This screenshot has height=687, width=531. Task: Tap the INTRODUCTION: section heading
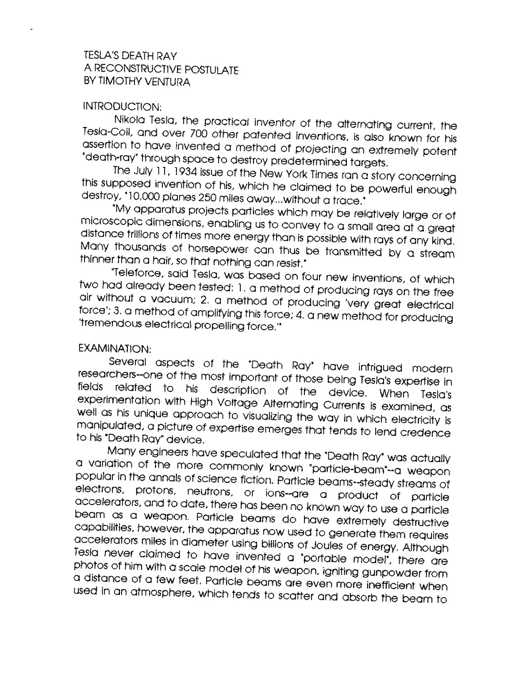[x=122, y=107]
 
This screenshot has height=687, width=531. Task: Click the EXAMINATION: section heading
[x=115, y=349]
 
